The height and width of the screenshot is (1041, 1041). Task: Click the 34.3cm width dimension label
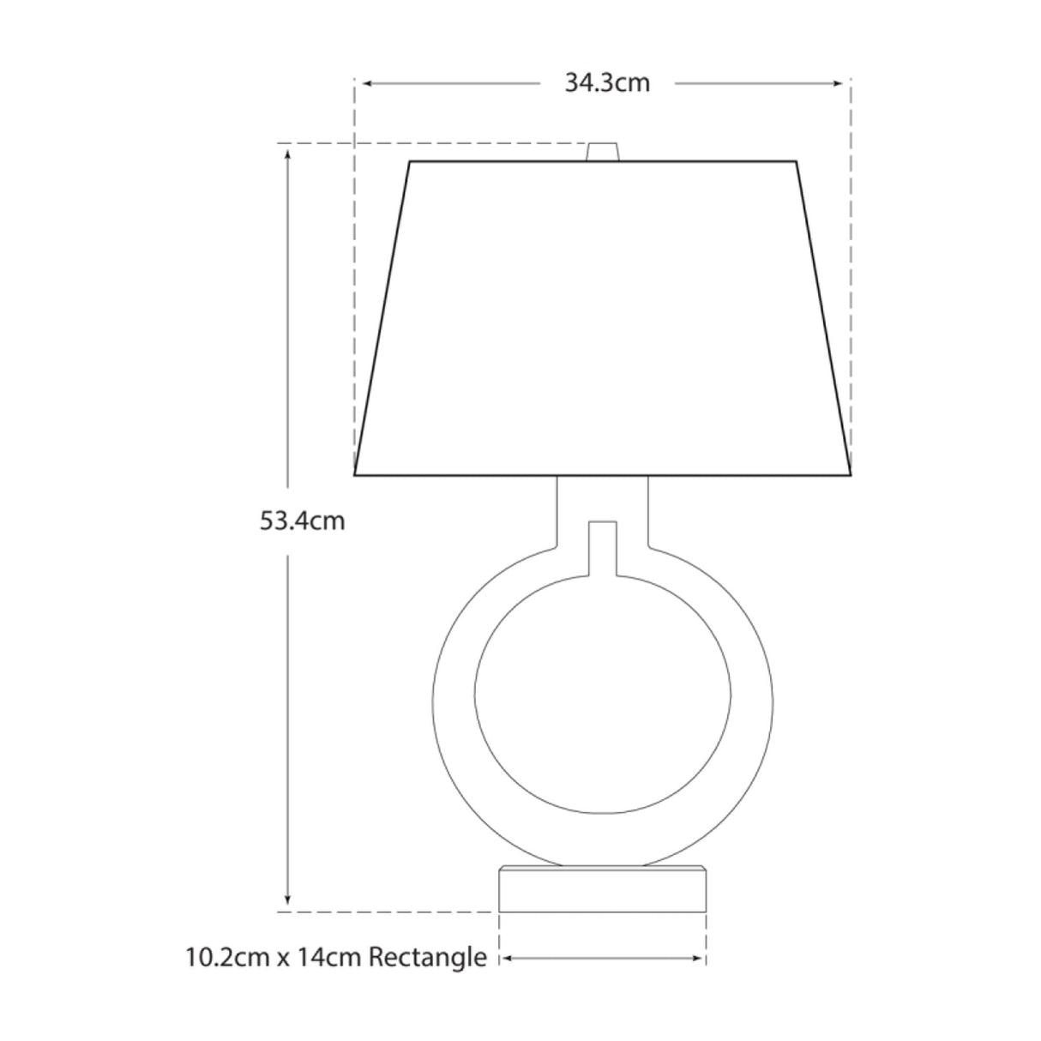coord(606,83)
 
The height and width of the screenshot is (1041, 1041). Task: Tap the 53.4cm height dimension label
coord(303,520)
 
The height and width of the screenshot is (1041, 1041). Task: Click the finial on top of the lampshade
coord(603,152)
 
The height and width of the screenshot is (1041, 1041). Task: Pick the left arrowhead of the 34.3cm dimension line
coord(365,83)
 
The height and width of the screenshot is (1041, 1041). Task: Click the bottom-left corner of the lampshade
coord(356,474)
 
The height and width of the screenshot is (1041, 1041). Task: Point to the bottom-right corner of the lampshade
coord(850,474)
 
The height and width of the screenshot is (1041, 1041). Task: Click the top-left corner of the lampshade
coord(410,161)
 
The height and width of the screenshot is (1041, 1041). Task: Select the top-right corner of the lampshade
coord(797,161)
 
